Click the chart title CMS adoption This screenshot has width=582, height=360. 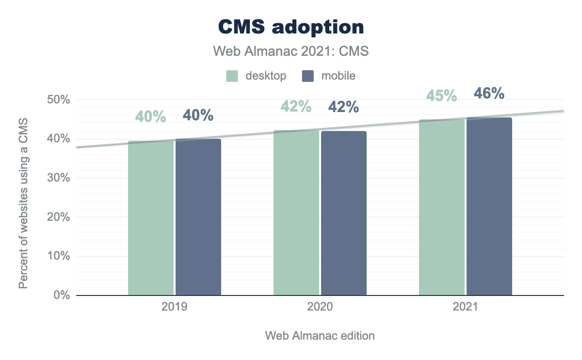[x=291, y=27]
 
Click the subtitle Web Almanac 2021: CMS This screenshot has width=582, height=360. [x=291, y=51]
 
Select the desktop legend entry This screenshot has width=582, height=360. [x=257, y=76]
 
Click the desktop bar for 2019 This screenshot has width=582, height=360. [x=151, y=218]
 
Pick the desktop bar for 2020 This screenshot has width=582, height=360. [x=296, y=213]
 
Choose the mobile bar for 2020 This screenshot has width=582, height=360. [x=344, y=213]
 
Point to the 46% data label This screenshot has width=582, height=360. [x=489, y=93]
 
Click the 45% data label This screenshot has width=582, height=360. [x=441, y=96]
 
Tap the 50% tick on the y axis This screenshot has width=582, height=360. [x=59, y=100]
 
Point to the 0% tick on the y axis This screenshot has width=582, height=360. [x=62, y=295]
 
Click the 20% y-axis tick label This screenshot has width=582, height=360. [x=59, y=217]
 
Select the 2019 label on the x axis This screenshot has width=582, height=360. [x=175, y=308]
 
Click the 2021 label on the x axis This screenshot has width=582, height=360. [x=466, y=308]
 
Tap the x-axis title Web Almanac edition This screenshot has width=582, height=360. [x=320, y=336]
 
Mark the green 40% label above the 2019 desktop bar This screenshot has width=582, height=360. [x=150, y=117]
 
